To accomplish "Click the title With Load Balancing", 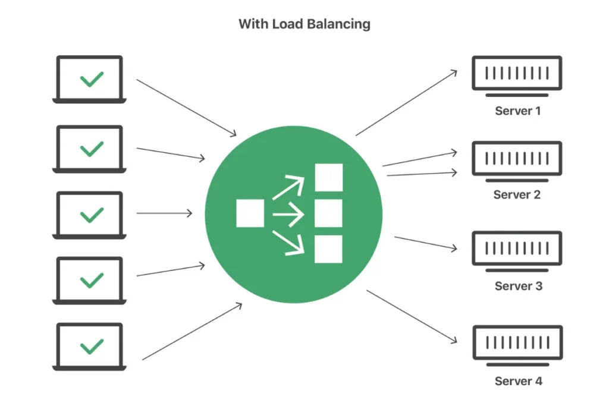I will (304, 24).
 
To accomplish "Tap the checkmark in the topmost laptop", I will (92, 78).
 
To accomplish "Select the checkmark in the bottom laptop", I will (92, 345).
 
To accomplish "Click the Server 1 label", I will (517, 111).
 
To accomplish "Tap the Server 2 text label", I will (517, 195).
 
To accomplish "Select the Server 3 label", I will (518, 287).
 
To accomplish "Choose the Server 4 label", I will (518, 381).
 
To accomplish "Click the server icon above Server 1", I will (517, 74).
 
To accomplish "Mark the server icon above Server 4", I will (517, 343).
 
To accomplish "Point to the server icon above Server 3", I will (517, 248).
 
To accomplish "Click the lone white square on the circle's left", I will (250, 213).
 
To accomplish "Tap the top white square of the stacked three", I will (328, 177).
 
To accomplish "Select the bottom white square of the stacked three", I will (328, 249).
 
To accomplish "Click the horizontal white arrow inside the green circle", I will (289, 213).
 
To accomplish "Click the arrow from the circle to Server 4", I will (412, 316).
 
